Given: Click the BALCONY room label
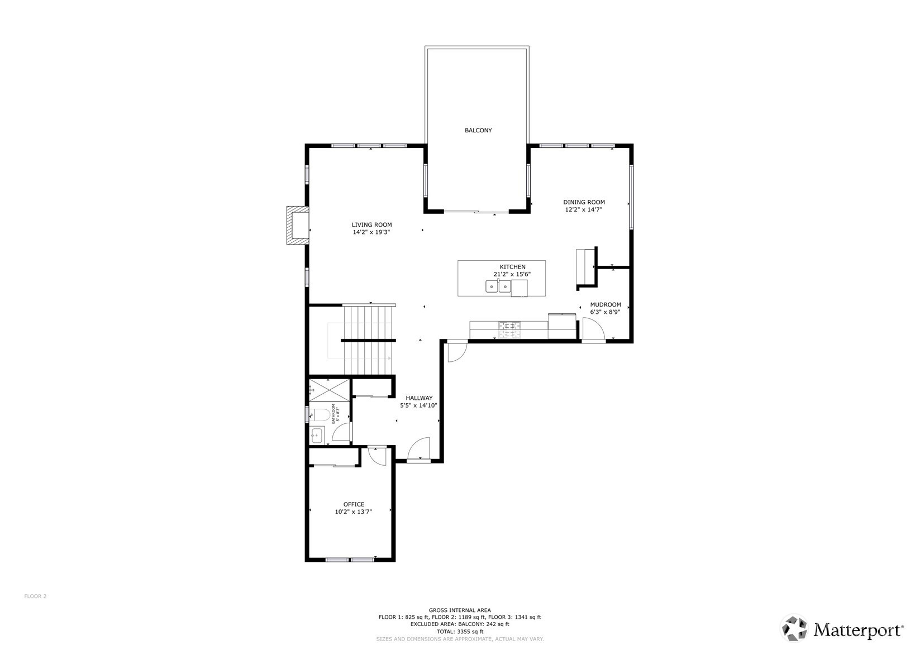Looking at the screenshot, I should coord(478,130).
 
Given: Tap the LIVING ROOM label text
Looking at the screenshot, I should coord(371,224).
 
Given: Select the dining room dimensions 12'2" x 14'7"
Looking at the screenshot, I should coord(584,210).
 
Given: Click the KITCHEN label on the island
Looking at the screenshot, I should coord(512,267).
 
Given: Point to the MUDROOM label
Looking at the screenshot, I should coord(606,305).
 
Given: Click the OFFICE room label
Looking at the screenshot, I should coord(354,504).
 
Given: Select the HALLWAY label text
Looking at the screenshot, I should coord(419,398).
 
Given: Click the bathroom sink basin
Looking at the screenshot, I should coord(317,434).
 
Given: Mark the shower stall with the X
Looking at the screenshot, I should coord(329,389).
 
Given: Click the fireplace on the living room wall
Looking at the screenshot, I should coord(297,226).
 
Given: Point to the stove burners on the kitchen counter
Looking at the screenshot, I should coord(509,329).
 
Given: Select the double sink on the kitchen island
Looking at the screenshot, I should coord(498,287).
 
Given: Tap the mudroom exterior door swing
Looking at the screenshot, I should coord(593,329).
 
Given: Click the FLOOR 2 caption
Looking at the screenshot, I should coord(35,596).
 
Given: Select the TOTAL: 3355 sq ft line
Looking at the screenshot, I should coord(460,632).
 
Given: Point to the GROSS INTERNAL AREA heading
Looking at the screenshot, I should coord(460,610).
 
